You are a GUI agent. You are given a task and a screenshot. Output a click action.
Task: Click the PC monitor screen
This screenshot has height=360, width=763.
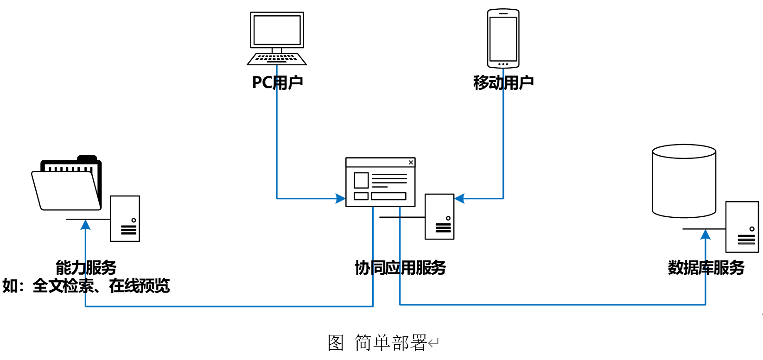pyautogui.click(x=277, y=30)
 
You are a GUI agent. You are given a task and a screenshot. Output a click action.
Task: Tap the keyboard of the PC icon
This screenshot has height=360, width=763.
pyautogui.click(x=277, y=59)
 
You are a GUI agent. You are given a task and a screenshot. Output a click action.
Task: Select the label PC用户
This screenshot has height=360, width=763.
pyautogui.click(x=277, y=82)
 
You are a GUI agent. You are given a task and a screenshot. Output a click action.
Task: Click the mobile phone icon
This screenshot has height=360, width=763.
pyautogui.click(x=503, y=38)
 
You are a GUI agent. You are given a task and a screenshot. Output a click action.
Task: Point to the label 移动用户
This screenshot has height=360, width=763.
pyautogui.click(x=503, y=83)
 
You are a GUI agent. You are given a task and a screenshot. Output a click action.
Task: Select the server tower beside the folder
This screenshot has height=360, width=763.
pyautogui.click(x=125, y=219)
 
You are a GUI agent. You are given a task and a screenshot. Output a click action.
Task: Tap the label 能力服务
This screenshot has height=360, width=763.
pyautogui.click(x=86, y=267)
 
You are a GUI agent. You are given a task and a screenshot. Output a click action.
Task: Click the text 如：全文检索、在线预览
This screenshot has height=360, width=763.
pyautogui.click(x=86, y=286)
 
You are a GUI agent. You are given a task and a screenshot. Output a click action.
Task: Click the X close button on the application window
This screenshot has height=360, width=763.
pyautogui.click(x=411, y=163)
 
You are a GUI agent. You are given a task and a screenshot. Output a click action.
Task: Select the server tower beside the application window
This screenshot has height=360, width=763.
pyautogui.click(x=439, y=217)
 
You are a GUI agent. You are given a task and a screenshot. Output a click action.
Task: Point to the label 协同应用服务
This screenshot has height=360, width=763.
pyautogui.click(x=400, y=267)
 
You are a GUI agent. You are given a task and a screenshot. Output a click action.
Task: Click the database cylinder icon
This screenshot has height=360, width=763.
pyautogui.click(x=684, y=181)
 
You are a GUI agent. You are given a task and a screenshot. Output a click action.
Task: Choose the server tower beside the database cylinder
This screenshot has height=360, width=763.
pyautogui.click(x=742, y=227)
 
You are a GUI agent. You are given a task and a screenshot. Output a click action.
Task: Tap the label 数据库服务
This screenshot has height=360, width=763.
pyautogui.click(x=706, y=267)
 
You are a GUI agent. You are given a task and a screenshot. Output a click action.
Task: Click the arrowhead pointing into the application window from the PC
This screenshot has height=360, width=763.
pyautogui.click(x=341, y=199)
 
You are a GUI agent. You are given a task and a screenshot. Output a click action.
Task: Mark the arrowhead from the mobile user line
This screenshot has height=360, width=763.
pyautogui.click(x=459, y=199)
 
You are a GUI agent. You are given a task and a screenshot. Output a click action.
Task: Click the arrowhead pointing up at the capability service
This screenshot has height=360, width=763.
pyautogui.click(x=86, y=225)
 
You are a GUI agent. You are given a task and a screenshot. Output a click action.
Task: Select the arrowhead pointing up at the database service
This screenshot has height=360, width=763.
pyautogui.click(x=706, y=234)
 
